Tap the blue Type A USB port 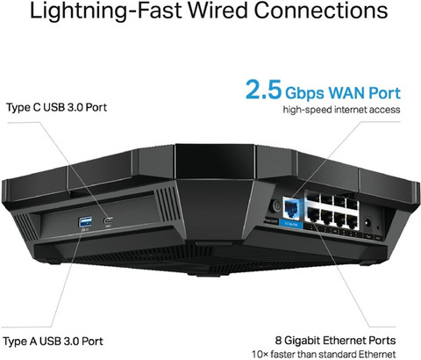(x=85, y=222)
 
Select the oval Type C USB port (x=109, y=220)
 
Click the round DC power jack (x=367, y=223)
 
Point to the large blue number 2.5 (x=264, y=90)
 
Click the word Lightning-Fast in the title (x=106, y=11)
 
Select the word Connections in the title (x=321, y=11)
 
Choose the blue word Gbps (x=305, y=94)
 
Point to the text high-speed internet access (x=341, y=110)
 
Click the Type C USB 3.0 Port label (x=56, y=107)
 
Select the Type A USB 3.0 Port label (x=53, y=342)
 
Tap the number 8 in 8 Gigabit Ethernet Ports (x=278, y=341)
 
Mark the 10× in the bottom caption (x=260, y=355)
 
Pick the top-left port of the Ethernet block (x=313, y=199)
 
